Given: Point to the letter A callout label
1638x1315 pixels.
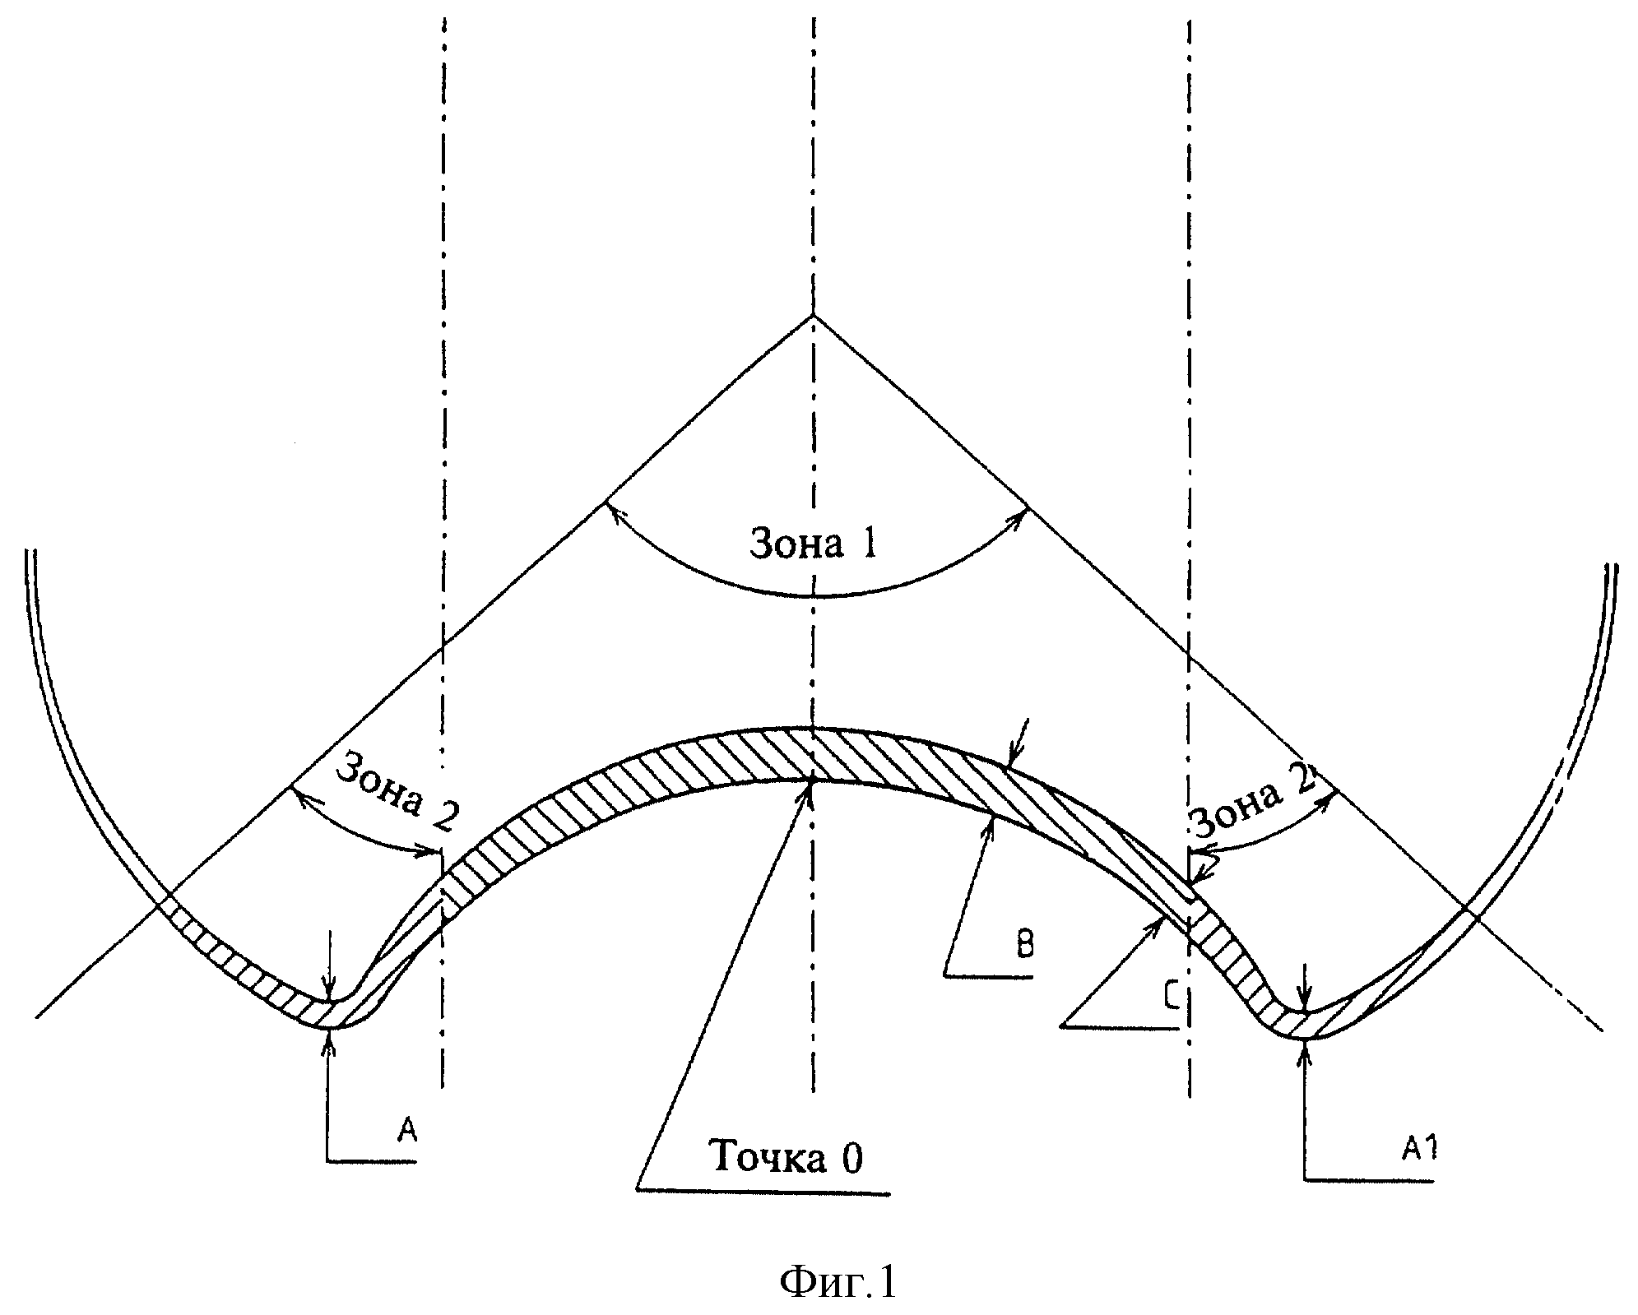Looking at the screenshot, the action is point(408,1131).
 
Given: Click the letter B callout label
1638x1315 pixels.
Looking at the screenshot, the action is point(1024,945).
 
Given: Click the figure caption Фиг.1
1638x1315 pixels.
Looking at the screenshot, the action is point(838,1281).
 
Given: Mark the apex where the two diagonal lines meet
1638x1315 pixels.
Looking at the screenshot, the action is point(813,315).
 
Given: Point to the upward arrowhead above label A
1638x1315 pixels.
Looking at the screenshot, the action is point(330,1033).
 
